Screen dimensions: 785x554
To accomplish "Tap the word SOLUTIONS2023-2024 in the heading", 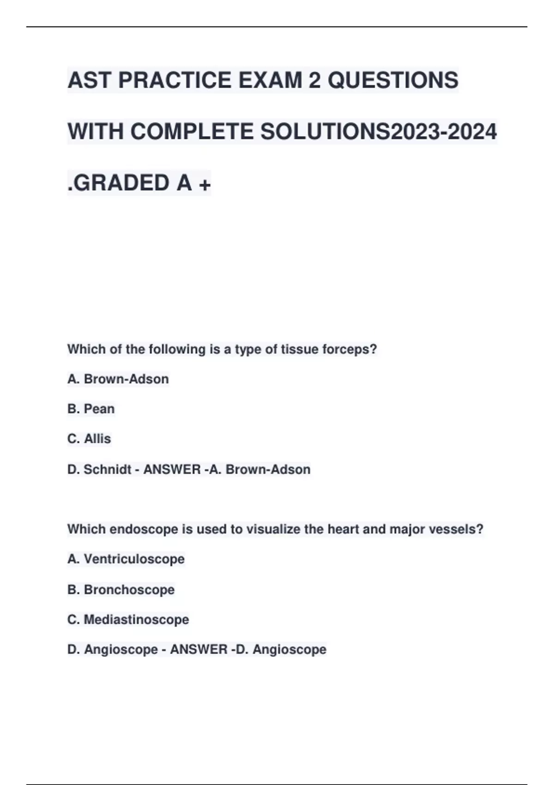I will coord(379,132).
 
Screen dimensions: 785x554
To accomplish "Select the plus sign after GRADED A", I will coord(204,184).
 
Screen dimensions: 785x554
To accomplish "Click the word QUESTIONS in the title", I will coord(393,80).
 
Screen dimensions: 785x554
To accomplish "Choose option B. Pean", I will coord(91,409).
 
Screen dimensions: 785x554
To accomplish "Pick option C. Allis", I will coord(89,439).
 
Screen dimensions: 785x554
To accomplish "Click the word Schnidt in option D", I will coord(108,470).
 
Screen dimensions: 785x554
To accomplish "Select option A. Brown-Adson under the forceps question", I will coord(118,379).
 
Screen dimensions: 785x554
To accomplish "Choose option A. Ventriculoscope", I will coord(126,559).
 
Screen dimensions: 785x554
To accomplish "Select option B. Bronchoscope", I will coord(121,590).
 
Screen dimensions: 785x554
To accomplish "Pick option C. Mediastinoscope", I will coord(128,620).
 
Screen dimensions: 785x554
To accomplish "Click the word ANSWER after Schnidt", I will coord(172,470).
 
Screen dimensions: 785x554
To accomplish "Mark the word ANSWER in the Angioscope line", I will coord(199,650).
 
